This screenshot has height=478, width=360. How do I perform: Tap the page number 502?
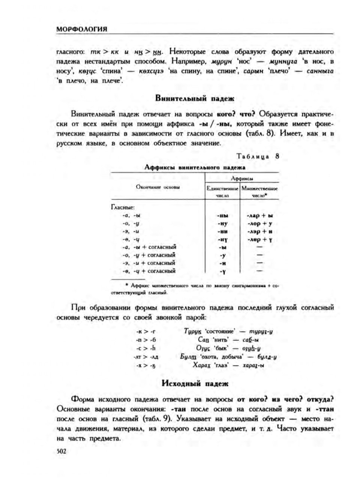point(61,451)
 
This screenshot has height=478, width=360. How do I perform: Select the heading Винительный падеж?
point(194,99)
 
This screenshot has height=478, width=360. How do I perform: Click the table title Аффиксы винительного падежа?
point(195,167)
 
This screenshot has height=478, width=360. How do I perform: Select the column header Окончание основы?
point(157,187)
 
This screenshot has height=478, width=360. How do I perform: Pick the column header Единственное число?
point(223,192)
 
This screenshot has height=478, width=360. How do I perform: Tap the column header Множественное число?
point(259,192)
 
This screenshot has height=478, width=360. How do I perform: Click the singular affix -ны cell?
point(223,216)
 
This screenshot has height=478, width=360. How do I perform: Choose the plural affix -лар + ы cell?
point(259,216)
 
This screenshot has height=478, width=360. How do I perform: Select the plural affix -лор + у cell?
point(259,224)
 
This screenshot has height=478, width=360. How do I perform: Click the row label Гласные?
point(123,207)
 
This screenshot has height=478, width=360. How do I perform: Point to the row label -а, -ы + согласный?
point(149,247)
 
